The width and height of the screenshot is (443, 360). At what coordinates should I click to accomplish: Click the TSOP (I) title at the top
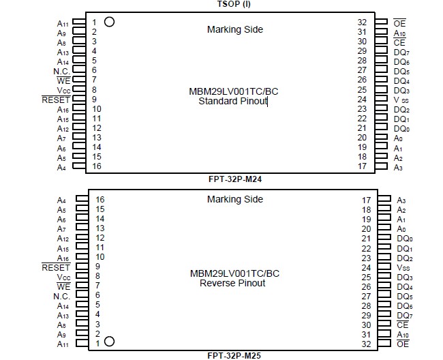pos(233,4)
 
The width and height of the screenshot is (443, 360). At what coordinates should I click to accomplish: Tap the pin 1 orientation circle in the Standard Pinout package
pos(108,22)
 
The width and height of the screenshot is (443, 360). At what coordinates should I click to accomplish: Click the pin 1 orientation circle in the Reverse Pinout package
pos(108,342)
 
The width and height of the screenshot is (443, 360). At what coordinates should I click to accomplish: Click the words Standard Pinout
pos(232,102)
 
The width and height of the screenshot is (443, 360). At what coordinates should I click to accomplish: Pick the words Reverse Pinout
pos(232,283)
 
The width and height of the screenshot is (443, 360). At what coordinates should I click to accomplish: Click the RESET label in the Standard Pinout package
pos(56,100)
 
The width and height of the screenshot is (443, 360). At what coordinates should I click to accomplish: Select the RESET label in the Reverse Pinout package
pos(56,267)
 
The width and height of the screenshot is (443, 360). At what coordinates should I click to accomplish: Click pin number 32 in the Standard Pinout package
pos(362,22)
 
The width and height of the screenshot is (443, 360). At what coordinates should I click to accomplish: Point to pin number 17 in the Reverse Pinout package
pos(366,200)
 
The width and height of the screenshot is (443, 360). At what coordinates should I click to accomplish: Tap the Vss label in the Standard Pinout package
pos(401,100)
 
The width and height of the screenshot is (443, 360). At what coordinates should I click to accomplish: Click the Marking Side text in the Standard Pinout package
pos(234,29)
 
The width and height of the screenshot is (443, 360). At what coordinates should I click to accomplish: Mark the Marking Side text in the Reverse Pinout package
pos(234,199)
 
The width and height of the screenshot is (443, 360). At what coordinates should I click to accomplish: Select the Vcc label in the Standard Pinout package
pos(63,90)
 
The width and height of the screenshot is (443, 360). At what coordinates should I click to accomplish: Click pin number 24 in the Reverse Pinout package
pos(366,268)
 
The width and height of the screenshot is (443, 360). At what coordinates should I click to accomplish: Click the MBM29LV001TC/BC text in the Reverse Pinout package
pos(234,273)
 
